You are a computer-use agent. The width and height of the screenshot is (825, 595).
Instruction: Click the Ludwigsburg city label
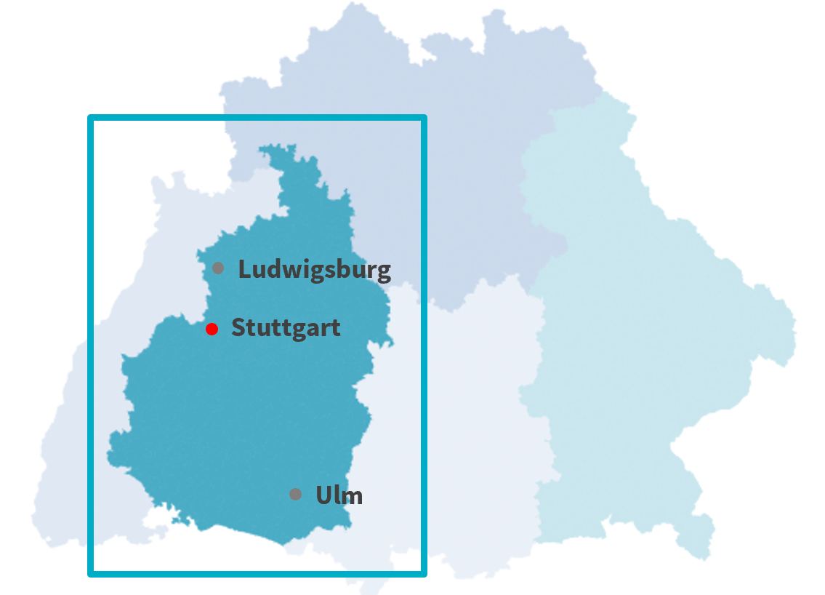(314, 270)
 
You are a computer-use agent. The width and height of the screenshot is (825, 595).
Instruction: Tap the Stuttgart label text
(286, 328)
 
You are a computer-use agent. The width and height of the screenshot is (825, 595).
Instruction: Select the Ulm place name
(339, 495)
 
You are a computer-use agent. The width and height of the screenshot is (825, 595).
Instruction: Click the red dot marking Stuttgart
(212, 329)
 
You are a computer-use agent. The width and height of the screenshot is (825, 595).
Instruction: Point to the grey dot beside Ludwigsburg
(218, 268)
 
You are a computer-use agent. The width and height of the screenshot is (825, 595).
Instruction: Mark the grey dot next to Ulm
(295, 495)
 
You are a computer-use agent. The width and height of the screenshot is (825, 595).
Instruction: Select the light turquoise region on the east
(640, 327)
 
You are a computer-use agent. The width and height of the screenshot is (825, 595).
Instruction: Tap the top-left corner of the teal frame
(91, 118)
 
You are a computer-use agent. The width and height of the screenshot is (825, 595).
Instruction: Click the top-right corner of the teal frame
(424, 118)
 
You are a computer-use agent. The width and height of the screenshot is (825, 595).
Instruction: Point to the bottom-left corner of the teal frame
(91, 574)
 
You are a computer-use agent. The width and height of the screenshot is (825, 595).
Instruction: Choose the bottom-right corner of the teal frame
(424, 574)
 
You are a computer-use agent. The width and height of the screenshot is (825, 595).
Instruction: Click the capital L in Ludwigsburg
(244, 270)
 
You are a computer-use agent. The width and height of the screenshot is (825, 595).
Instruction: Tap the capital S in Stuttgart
(238, 328)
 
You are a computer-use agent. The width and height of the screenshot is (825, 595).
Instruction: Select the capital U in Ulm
(323, 495)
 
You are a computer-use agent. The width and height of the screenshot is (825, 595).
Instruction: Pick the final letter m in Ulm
(353, 497)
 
